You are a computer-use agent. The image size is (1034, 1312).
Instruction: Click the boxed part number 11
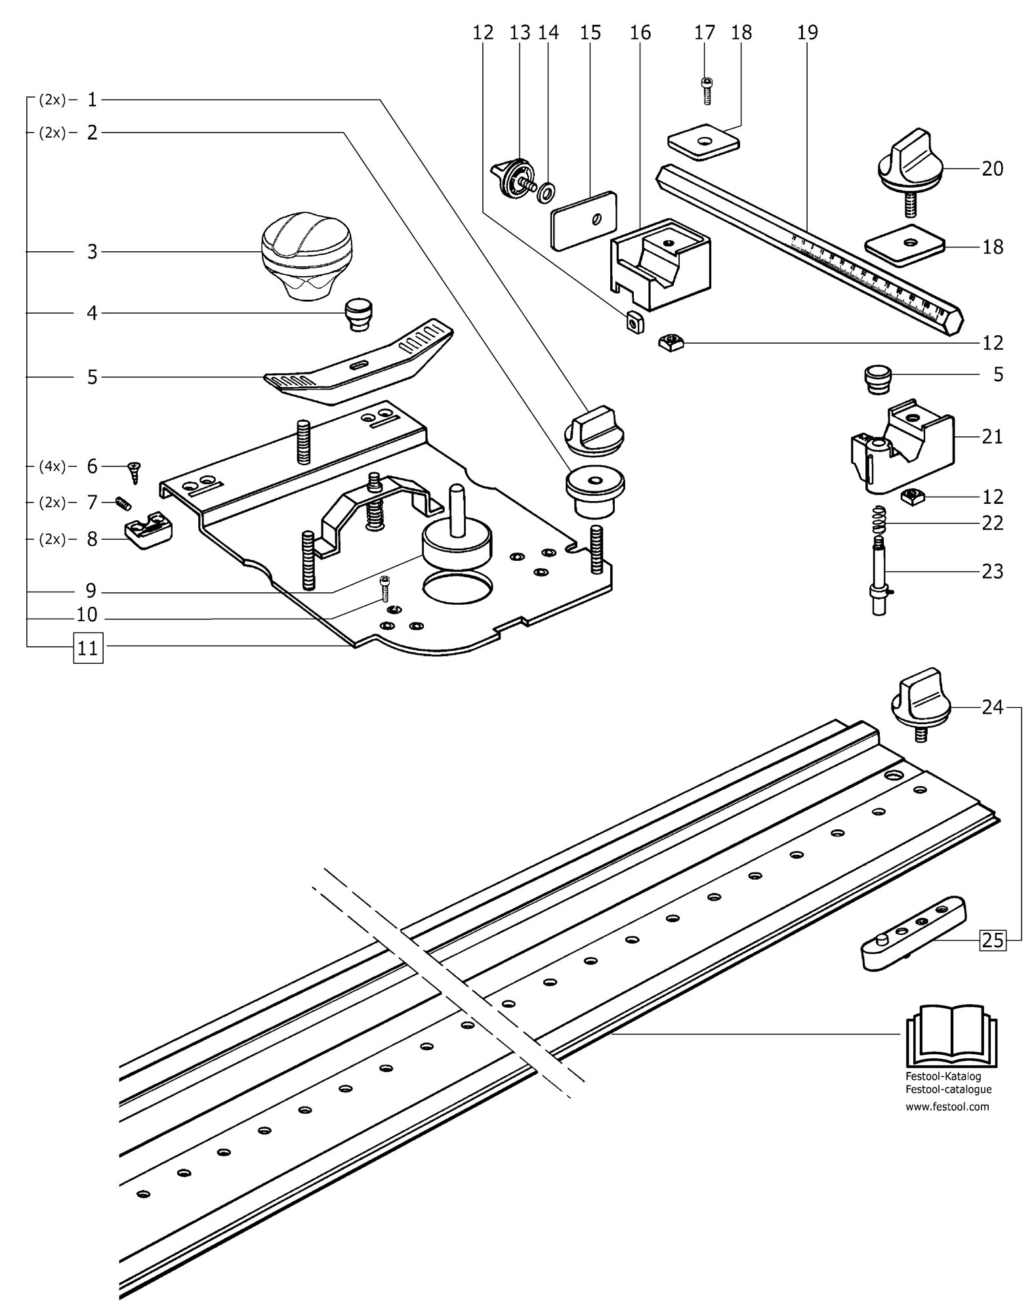[x=88, y=648]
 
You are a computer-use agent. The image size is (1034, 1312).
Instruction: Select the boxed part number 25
[x=992, y=940]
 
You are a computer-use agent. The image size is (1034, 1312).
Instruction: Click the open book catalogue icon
[x=951, y=1045]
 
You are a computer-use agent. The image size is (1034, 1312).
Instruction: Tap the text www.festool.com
[x=947, y=1107]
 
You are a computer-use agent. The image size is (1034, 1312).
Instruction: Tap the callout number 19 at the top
[x=808, y=31]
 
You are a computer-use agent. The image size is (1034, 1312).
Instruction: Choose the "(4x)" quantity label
[x=52, y=466]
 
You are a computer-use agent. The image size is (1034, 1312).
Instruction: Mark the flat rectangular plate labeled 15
[x=584, y=220]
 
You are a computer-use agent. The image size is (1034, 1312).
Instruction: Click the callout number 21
[x=992, y=436]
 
